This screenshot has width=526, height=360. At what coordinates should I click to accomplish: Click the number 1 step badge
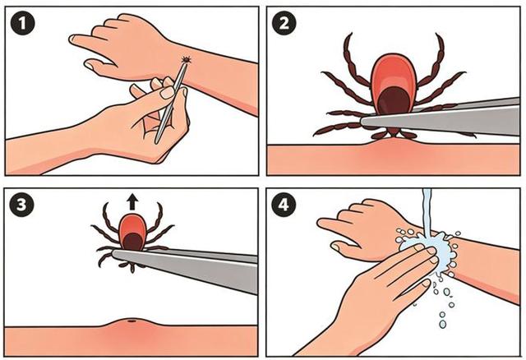click(22, 23)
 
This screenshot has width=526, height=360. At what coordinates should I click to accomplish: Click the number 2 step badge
click(284, 23)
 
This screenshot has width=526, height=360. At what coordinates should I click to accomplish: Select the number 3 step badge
click(21, 204)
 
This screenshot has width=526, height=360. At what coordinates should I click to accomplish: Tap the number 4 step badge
click(284, 204)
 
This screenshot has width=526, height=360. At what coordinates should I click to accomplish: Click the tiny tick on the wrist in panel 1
click(186, 60)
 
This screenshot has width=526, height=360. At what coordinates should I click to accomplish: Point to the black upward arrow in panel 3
click(133, 203)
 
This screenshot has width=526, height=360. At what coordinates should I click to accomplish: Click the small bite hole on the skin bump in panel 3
click(131, 321)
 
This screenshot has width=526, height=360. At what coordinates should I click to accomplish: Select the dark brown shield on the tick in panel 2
click(394, 100)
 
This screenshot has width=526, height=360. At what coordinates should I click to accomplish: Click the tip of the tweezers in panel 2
click(362, 120)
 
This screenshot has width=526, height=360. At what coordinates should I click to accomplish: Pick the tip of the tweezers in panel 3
click(113, 253)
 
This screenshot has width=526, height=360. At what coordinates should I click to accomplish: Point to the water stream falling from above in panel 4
click(427, 211)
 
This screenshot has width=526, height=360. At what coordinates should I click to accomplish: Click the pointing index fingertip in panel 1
click(72, 39)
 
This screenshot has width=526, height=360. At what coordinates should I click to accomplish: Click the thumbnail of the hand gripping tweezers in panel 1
click(168, 92)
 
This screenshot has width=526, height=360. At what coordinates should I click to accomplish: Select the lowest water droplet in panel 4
click(443, 324)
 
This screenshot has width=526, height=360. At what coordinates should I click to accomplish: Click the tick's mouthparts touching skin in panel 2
click(394, 133)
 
